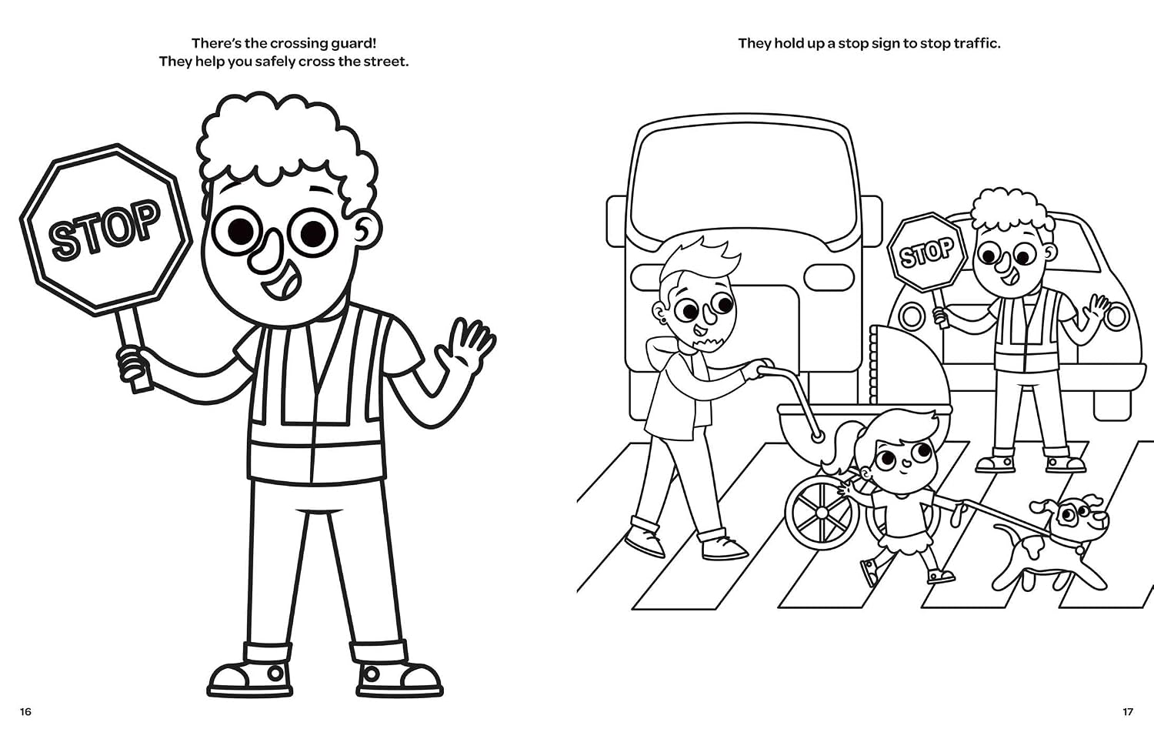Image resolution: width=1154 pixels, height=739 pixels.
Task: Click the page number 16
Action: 25,712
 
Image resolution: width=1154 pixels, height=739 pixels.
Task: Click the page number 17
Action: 1128,712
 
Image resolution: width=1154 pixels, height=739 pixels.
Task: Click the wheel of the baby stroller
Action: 822,513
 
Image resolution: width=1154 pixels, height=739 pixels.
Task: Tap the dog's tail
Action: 1006,531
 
